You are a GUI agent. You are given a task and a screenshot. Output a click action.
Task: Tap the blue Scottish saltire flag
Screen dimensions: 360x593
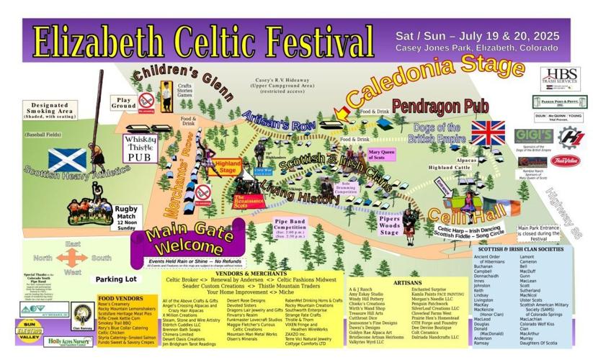tap(67, 160)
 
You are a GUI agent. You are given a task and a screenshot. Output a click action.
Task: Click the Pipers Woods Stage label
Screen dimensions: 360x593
tap(390, 228)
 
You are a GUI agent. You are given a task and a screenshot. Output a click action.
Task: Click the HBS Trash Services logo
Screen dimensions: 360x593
tap(561, 76)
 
